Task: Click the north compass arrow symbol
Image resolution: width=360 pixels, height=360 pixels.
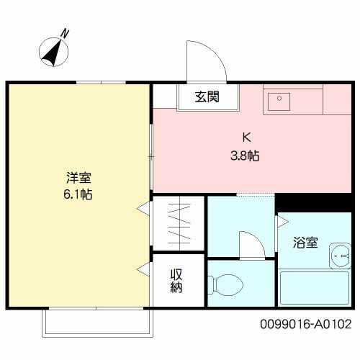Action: coord(53,51)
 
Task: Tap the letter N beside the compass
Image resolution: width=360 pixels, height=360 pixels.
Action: coord(65,32)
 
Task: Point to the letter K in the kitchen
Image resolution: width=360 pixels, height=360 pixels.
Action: coord(245,138)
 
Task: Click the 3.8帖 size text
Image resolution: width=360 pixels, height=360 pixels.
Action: coord(245,155)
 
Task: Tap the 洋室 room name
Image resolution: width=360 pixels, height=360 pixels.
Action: coord(78,177)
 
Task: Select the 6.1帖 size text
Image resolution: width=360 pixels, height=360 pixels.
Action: coord(78,194)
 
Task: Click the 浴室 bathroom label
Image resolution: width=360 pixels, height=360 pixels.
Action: coord(305,243)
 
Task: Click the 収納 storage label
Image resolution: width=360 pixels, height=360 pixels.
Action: coord(176,281)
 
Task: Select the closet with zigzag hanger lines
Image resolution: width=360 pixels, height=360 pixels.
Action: coord(179,223)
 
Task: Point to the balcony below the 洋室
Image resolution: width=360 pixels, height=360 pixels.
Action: coord(98,322)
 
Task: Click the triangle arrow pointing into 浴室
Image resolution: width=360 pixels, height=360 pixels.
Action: coord(281,223)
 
